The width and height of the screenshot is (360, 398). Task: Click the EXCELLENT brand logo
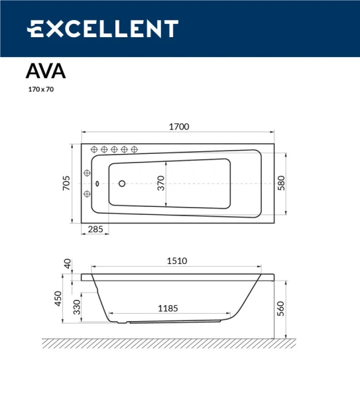pyautogui.click(x=102, y=29)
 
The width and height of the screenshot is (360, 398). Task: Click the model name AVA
pyautogui.click(x=45, y=70)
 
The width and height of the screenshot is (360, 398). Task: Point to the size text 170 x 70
pyautogui.click(x=40, y=88)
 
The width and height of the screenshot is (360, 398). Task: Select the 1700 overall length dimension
pyautogui.click(x=180, y=126)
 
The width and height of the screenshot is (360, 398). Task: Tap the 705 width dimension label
pyautogui.click(x=66, y=184)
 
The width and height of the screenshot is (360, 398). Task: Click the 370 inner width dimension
pyautogui.click(x=160, y=184)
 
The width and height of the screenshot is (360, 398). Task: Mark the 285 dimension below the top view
pyautogui.click(x=95, y=230)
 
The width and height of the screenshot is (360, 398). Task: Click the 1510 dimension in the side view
pyautogui.click(x=177, y=261)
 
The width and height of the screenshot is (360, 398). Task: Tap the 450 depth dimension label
pyautogui.click(x=58, y=299)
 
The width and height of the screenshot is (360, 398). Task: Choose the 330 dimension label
pyautogui.click(x=76, y=307)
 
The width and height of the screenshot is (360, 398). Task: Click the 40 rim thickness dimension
pyautogui.click(x=66, y=264)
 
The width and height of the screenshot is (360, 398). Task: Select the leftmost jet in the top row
pyautogui.click(x=94, y=149)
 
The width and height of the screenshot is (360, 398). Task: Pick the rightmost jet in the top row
pyautogui.click(x=134, y=149)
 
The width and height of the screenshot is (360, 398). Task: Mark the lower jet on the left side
pyautogui.click(x=86, y=194)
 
